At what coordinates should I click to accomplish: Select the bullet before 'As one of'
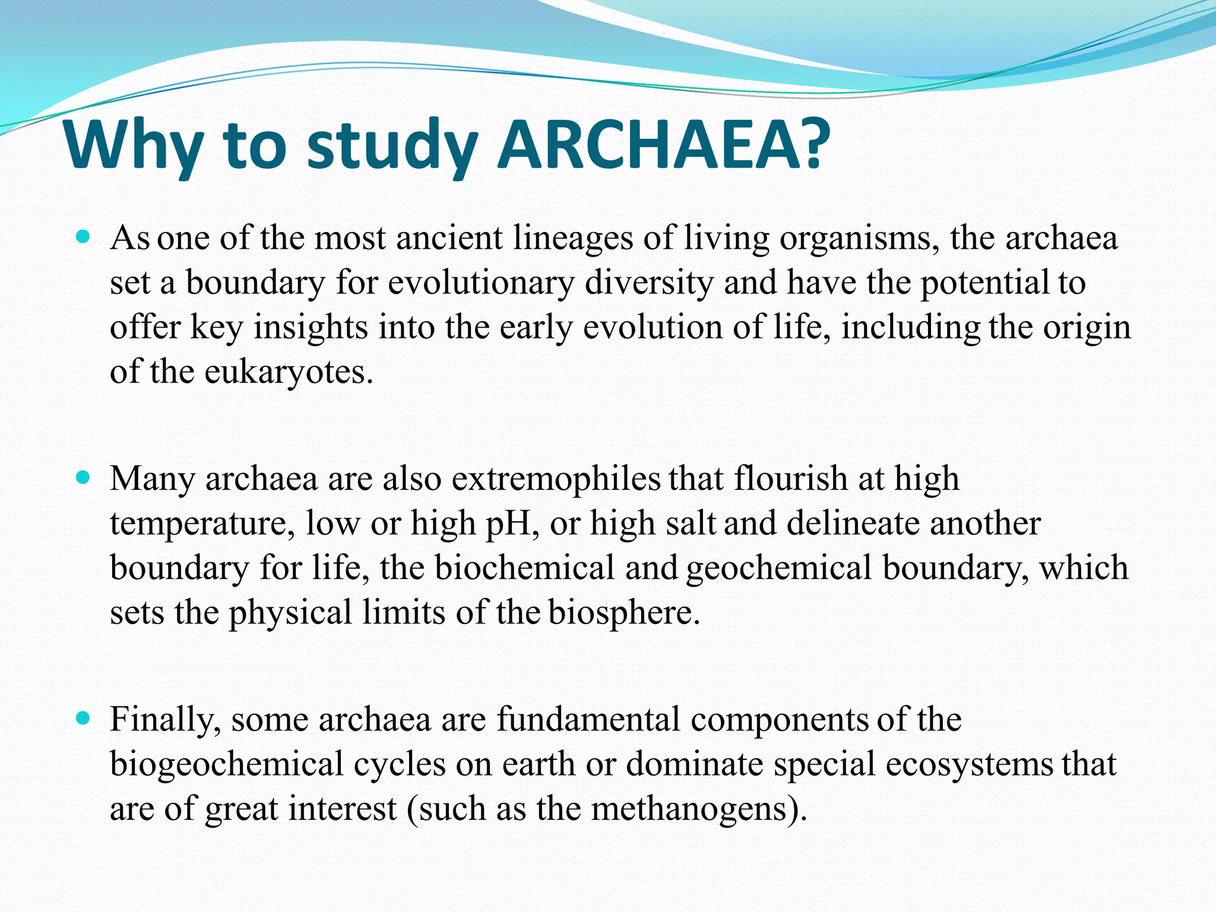pyautogui.click(x=84, y=237)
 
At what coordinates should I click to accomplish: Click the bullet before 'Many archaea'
pyautogui.click(x=84, y=477)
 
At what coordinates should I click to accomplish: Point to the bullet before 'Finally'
pyautogui.click(x=84, y=718)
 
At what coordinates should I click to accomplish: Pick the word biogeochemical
pyautogui.click(x=227, y=765)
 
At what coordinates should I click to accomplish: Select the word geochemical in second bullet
pyautogui.click(x=778, y=569)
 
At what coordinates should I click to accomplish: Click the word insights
pyautogui.click(x=311, y=328)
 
